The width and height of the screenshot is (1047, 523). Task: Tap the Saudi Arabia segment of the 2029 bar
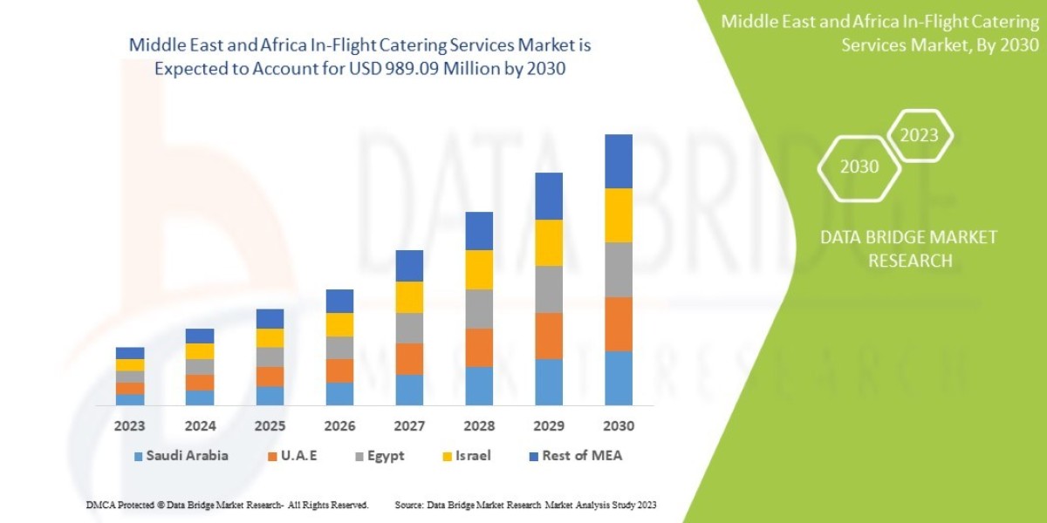[549, 382]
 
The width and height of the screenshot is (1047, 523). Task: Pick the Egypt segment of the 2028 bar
[479, 309]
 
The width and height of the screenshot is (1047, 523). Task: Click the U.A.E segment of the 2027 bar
[409, 359]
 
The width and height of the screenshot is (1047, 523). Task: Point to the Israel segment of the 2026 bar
[339, 324]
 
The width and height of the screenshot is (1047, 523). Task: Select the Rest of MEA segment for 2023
[130, 353]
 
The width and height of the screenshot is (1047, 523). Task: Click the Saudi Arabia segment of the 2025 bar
[270, 396]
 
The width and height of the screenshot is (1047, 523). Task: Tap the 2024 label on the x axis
[200, 427]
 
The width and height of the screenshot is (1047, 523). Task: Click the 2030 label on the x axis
[619, 427]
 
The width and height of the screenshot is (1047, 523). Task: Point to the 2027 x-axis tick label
[409, 427]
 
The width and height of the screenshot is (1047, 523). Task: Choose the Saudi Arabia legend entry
[181, 456]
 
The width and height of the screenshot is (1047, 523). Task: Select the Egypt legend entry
[379, 456]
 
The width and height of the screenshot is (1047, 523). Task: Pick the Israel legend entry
[465, 456]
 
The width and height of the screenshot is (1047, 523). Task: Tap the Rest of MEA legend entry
[574, 456]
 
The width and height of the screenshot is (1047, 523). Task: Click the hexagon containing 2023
[919, 135]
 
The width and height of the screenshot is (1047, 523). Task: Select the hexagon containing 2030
[859, 166]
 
